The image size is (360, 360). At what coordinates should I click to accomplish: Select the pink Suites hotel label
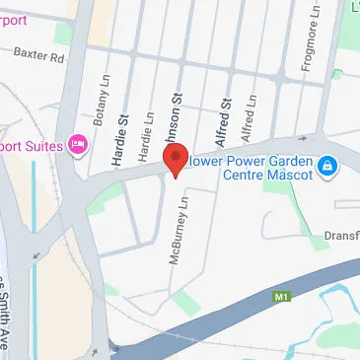30,144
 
